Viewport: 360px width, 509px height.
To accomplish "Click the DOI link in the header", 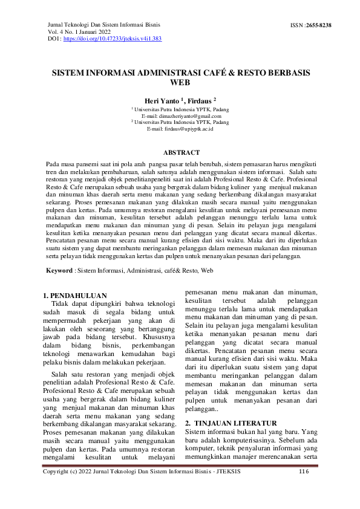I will pyautogui.click(x=112, y=38).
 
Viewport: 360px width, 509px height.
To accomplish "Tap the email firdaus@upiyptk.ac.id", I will pyautogui.click(x=180, y=129).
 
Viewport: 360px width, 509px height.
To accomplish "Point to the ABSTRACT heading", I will pyautogui.click(x=180, y=153).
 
